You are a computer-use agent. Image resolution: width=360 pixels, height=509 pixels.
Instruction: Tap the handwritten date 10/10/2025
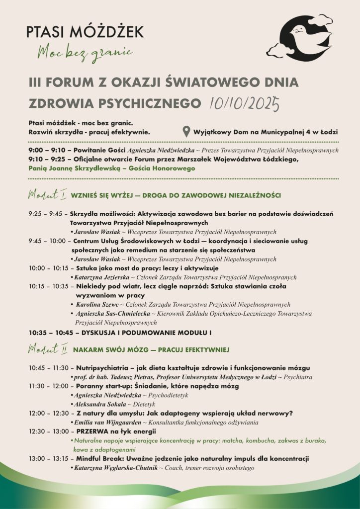(x=244, y=103)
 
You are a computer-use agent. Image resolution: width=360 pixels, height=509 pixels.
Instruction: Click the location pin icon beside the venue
(x=186, y=132)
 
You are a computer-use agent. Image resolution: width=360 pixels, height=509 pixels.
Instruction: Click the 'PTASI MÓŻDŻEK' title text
(x=86, y=32)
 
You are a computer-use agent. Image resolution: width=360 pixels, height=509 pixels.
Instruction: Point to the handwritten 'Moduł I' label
(x=47, y=194)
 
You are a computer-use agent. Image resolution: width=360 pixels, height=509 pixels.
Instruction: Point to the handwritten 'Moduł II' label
(x=48, y=349)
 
